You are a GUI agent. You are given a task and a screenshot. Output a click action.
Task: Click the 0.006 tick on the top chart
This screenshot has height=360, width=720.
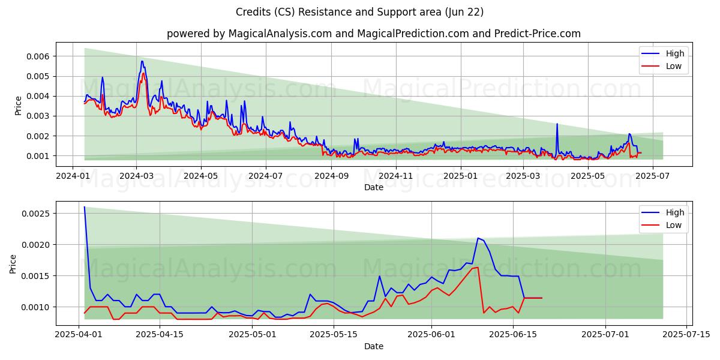coord(38,56)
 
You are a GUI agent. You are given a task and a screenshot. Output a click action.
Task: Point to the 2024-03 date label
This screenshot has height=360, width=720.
coord(136,176)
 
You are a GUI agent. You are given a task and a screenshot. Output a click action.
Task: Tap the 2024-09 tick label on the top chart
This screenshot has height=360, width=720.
coord(331,176)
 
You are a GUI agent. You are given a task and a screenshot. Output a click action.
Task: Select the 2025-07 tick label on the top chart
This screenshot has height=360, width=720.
coord(653,176)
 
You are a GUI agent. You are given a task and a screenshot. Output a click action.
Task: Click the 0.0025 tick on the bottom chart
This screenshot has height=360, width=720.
coord(35,214)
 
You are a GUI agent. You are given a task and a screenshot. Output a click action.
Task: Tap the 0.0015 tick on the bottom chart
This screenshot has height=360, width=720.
coord(35,276)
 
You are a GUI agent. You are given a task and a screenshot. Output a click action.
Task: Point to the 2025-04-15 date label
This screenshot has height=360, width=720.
coord(160,335)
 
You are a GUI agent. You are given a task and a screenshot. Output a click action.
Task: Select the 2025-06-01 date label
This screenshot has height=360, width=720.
coord(431,335)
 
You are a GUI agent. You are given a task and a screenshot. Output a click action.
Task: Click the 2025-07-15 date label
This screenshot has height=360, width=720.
coord(686,335)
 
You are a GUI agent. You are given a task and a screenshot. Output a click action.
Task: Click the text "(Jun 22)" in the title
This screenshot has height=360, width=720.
coord(464,12)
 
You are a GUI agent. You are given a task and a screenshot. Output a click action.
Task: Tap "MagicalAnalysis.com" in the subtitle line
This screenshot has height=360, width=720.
coord(280,34)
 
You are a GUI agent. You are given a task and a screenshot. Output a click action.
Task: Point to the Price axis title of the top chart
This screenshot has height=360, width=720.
coord(19,106)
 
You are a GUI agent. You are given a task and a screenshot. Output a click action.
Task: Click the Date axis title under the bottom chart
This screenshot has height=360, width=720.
coord(373,346)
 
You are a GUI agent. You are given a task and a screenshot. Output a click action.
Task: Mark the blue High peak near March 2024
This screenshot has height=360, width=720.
coord(142,61)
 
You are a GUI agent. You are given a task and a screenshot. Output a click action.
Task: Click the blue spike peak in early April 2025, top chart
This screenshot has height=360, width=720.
coord(557,124)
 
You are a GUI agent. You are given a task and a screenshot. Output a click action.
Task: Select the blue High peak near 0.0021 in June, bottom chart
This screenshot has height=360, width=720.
coord(478,238)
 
